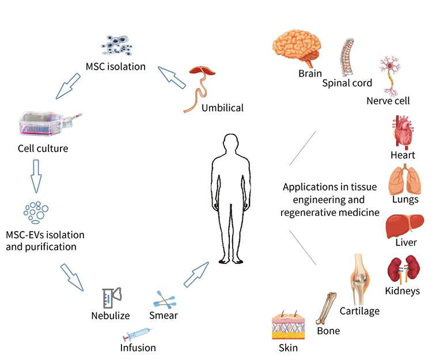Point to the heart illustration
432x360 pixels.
coord(403,132)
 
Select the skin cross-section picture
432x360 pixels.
coord(287,327)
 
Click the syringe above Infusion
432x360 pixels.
coord(138,335)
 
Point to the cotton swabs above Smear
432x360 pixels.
coord(166,299)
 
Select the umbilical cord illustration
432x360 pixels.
coord(202,86)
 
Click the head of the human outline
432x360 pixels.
coord(231,144)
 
